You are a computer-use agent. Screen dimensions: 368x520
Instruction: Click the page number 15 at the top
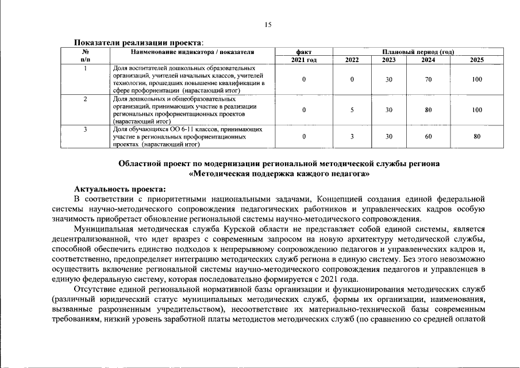tap(268, 24)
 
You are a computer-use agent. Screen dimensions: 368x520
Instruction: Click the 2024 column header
tap(428, 60)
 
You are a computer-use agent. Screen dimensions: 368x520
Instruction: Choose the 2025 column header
tap(477, 60)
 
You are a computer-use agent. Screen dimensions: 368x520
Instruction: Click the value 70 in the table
tap(428, 79)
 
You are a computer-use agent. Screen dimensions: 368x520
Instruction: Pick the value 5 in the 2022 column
tap(351, 110)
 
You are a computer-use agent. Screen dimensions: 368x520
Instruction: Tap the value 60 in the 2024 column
tap(428, 137)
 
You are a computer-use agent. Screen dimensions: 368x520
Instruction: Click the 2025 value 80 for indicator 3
tap(477, 137)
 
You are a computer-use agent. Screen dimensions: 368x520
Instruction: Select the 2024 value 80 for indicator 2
tap(428, 110)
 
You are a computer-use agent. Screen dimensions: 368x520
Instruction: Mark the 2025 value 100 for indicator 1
tap(477, 79)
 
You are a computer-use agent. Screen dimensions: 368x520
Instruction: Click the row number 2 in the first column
tap(85, 99)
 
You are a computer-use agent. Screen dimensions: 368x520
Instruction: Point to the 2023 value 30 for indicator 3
tap(389, 137)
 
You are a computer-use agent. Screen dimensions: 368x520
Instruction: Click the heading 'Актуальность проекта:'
tap(120, 189)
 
